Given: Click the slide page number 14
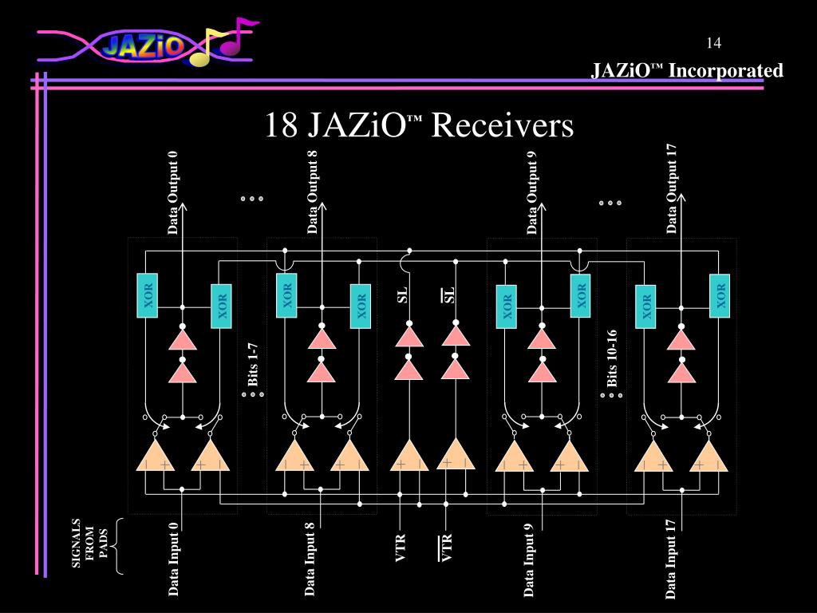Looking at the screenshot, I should pyautogui.click(x=714, y=42).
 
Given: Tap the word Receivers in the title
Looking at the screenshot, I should pyautogui.click(x=503, y=125).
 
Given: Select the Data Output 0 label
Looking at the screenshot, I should pyautogui.click(x=173, y=192).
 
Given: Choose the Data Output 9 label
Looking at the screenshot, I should pyautogui.click(x=532, y=192).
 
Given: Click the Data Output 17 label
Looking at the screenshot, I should pyautogui.click(x=672, y=188).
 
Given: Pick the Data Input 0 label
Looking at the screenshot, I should pyautogui.click(x=173, y=560).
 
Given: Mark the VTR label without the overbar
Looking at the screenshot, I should pyautogui.click(x=401, y=548).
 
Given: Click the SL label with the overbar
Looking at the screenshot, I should pyautogui.click(x=449, y=295).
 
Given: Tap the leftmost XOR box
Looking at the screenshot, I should pyautogui.click(x=147, y=295).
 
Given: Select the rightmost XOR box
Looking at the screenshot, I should pyautogui.click(x=721, y=295).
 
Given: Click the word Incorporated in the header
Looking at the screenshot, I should pyautogui.click(x=726, y=71).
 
